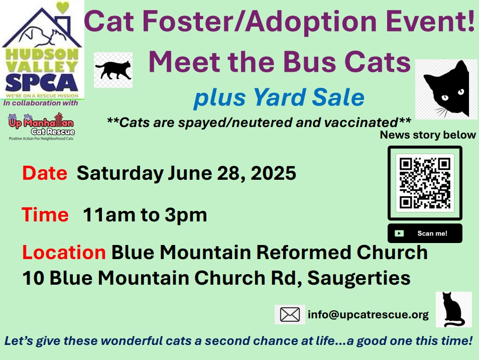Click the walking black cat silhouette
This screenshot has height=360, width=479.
pyautogui.click(x=113, y=70)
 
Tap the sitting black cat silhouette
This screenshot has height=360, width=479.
pyautogui.click(x=453, y=310)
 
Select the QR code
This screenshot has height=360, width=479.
pyautogui.click(x=425, y=183)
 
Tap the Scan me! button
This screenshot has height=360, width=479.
pyautogui.click(x=425, y=233)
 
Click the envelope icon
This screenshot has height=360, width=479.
pyautogui.click(x=290, y=314)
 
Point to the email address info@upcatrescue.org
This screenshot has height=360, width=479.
pyautogui.click(x=368, y=314)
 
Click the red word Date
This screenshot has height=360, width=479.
pyautogui.click(x=45, y=173)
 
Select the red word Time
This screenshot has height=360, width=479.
pyautogui.click(x=45, y=214)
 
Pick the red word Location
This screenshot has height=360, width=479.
pyautogui.click(x=64, y=253)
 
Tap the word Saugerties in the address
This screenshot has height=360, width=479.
pyautogui.click(x=359, y=278)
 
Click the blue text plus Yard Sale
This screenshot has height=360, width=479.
pyautogui.click(x=279, y=97)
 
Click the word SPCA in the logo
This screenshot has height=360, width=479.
pyautogui.click(x=42, y=82)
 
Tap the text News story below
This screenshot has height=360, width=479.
pyautogui.click(x=428, y=135)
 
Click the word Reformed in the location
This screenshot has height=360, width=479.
pyautogui.click(x=304, y=253)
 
